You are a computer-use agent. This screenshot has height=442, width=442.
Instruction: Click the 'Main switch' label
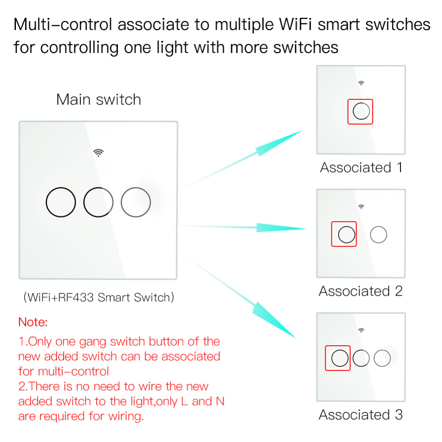99,99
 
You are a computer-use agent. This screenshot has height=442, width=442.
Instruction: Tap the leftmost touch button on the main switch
61,202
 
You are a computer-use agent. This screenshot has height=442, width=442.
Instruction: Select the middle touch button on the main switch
98,202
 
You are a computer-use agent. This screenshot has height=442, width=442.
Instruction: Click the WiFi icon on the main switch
98,153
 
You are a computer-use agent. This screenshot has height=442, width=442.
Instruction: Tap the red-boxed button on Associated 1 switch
361,112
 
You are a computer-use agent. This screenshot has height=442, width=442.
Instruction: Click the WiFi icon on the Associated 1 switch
361,83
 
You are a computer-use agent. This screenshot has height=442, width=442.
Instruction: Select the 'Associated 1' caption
361,168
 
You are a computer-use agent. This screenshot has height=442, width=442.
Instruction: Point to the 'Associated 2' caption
361,291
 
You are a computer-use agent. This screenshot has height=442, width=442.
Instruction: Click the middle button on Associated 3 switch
361,358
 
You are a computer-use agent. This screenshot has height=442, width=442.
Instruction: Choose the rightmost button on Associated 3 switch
382,358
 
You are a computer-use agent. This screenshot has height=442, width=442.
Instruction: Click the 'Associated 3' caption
361,415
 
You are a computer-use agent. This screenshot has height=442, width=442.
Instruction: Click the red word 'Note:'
33,322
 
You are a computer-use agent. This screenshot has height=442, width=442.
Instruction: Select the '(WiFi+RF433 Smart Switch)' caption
99,297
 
